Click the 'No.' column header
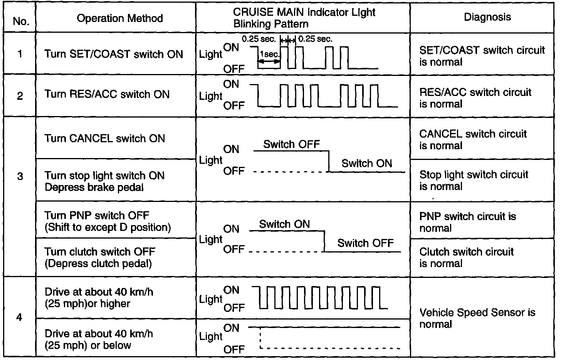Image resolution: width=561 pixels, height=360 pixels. [x=21, y=21]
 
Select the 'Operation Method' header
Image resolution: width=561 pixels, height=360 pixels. [x=120, y=18]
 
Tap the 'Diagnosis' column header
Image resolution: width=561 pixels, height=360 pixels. [x=487, y=17]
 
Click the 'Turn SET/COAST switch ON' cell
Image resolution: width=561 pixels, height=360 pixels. [x=114, y=54]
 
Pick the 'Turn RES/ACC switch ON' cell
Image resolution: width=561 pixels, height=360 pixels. [x=107, y=94]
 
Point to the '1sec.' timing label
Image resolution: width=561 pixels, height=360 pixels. [x=270, y=54]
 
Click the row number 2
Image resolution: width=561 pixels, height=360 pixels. [x=20, y=96]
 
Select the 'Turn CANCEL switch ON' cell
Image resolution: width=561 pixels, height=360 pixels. [x=104, y=138]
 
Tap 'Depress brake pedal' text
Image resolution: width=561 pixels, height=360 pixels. [x=94, y=187]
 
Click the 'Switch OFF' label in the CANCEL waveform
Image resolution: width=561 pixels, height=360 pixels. [x=291, y=144]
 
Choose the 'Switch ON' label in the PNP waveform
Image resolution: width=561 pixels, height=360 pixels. [x=284, y=224]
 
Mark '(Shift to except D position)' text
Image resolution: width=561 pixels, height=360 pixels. [x=107, y=227]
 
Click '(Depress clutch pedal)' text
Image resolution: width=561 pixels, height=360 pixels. [x=98, y=264]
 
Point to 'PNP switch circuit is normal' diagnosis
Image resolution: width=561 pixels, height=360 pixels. [x=467, y=222]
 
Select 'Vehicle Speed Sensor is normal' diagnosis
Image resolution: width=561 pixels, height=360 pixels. [x=477, y=318]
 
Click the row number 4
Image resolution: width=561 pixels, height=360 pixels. [x=19, y=318]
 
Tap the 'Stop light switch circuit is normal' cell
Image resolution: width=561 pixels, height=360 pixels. [x=474, y=180]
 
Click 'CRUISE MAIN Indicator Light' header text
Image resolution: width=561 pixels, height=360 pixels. [x=304, y=12]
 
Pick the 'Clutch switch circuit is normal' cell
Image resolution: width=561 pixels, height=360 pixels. [x=466, y=257]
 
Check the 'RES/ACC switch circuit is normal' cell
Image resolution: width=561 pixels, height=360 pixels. [x=475, y=98]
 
